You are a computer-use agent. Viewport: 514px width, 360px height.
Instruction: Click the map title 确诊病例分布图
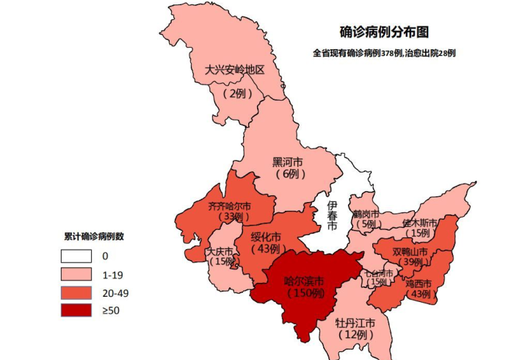coord(384,32)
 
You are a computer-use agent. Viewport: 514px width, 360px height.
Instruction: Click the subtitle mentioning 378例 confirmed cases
coord(384,53)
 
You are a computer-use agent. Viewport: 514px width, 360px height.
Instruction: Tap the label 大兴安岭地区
coord(234,71)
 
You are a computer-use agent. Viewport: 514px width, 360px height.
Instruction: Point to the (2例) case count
coord(236,93)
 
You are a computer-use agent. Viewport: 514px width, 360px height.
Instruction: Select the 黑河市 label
coord(288,162)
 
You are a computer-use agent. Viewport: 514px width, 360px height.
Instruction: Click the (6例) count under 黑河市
coord(288,174)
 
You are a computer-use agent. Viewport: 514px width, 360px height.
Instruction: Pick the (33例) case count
coord(234,217)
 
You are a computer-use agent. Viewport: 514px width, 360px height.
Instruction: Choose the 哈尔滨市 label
coord(304,281)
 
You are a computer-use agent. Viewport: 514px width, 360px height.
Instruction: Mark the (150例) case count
coord(304,293)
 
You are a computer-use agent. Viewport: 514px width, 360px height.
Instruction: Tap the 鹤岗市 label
coord(366,214)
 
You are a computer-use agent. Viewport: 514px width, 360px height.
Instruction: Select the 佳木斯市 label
coord(420,222)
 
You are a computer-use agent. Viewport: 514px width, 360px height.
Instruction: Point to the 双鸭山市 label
coord(411,251)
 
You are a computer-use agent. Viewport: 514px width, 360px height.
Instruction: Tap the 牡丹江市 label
coord(355,323)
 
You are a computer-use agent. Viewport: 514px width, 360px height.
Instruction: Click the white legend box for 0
coord(76,256)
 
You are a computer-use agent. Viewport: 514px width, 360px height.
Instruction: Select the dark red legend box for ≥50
coord(76,310)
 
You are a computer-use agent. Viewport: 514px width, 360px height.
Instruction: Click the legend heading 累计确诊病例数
coord(93,237)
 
